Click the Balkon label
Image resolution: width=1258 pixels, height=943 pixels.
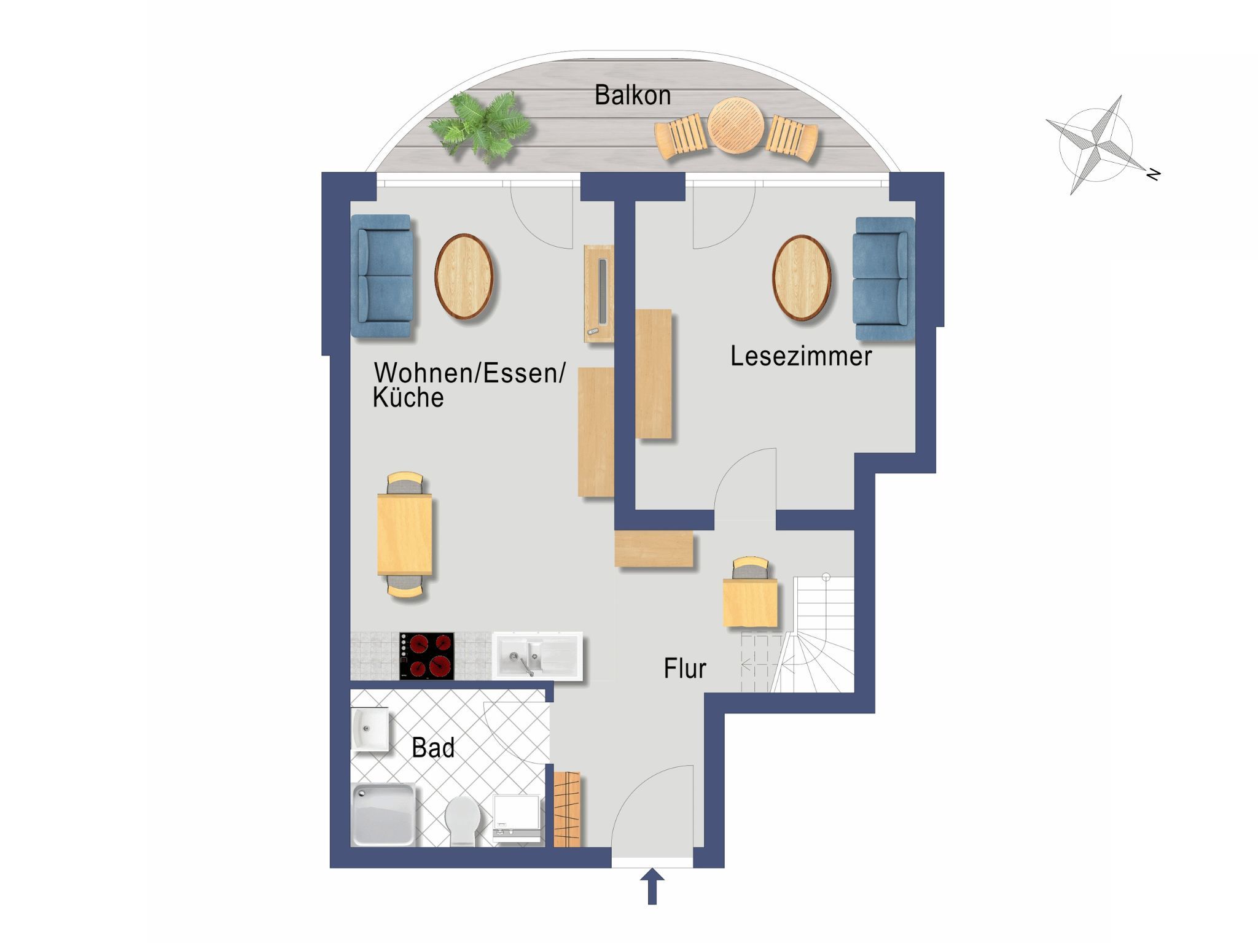[632, 96]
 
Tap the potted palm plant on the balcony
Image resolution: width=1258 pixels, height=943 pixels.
[480, 127]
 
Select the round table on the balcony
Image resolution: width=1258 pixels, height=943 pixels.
[735, 126]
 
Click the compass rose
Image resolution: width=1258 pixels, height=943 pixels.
[1096, 146]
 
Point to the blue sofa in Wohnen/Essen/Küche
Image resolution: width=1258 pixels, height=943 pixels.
[381, 276]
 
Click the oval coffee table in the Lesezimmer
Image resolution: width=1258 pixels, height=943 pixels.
[801, 277]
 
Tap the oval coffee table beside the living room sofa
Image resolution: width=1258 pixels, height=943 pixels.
[464, 276]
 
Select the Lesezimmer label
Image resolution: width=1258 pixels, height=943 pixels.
[801, 356]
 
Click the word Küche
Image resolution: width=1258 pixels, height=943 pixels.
[408, 398]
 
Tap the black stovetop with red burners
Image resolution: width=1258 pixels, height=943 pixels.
[427, 656]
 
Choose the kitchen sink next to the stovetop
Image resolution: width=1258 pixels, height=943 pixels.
[537, 656]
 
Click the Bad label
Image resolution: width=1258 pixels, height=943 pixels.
[433, 748]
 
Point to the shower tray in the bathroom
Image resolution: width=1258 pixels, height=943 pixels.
[383, 815]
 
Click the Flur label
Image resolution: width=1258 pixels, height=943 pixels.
[685, 668]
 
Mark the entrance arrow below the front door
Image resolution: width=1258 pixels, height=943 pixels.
[652, 887]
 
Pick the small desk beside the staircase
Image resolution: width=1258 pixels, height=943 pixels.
[750, 602]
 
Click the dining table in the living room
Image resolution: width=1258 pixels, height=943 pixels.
[404, 534]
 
